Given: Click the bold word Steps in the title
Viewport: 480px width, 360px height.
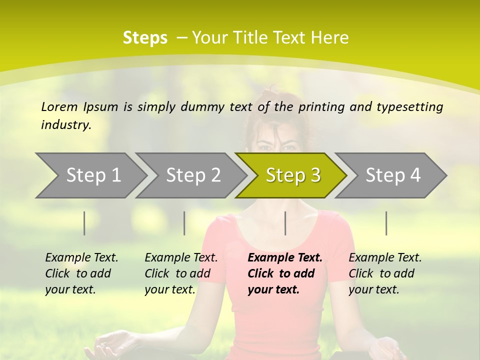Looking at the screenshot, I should point(145,38).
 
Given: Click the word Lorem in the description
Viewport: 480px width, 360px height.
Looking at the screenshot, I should point(59,106).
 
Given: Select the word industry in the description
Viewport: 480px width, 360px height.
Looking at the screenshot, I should point(65,125).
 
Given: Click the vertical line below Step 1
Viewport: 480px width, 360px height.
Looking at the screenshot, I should point(84,223).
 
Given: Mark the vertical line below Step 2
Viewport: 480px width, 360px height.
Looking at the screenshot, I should point(184,223).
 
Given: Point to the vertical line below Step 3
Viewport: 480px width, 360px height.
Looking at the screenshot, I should point(285,223).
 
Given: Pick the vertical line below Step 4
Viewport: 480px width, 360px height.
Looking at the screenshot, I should point(386,223).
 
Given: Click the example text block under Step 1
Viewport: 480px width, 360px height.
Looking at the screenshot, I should point(81,273).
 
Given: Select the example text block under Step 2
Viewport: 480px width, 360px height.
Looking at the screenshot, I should point(181,273).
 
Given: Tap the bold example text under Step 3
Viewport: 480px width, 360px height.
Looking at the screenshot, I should point(284,273).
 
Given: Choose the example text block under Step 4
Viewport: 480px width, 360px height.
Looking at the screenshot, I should point(385,273).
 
